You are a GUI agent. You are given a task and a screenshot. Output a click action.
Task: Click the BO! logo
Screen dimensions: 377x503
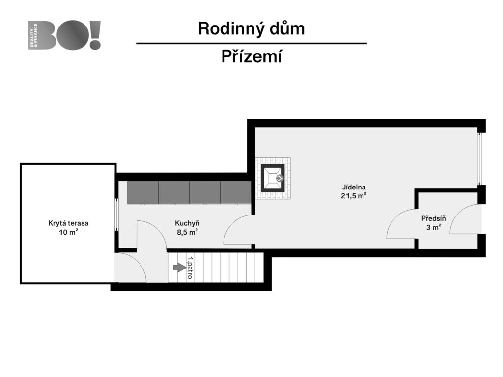[x=65, y=35]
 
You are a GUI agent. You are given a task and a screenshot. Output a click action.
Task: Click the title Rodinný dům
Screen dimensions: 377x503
[x=251, y=28]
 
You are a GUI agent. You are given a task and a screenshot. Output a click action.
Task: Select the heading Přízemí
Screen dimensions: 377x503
[x=251, y=57]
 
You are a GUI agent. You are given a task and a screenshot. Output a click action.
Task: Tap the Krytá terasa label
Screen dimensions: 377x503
[x=68, y=223]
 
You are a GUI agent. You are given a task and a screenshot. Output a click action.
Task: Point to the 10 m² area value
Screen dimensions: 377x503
[x=68, y=232]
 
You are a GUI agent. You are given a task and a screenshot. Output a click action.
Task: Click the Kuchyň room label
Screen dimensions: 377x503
[x=187, y=223]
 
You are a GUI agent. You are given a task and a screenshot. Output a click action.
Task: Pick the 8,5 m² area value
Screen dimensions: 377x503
[x=187, y=232]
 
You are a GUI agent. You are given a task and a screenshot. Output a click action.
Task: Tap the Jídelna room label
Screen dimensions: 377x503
[x=354, y=187]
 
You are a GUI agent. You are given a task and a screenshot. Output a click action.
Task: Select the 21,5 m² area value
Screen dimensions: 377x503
[x=354, y=196]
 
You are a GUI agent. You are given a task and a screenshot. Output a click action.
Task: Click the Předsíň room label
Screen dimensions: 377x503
[x=433, y=218]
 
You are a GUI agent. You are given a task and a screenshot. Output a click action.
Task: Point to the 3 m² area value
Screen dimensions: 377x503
[x=433, y=227]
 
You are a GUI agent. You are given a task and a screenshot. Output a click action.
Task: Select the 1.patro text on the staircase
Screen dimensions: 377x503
[x=190, y=268]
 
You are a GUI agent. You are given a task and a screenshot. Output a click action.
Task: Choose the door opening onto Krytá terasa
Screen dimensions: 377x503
[x=130, y=269]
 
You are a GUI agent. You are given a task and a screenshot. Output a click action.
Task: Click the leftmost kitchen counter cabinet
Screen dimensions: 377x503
[x=143, y=192]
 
